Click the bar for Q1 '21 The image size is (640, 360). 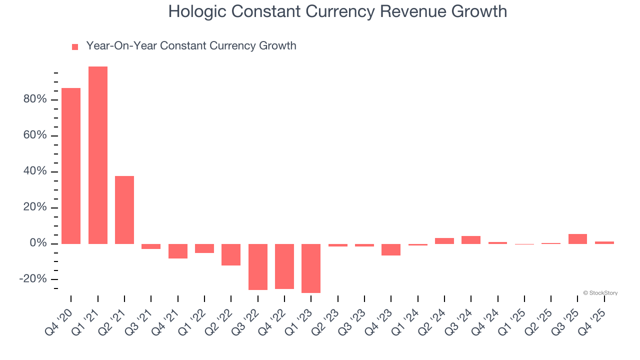[97, 155]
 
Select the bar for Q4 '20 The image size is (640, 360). [71, 165]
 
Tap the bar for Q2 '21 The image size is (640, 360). [124, 209]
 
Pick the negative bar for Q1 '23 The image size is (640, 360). [311, 268]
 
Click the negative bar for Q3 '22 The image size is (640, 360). [257, 266]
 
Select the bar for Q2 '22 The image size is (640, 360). [231, 254]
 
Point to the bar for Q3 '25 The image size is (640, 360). [577, 239]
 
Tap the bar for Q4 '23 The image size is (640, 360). [391, 249]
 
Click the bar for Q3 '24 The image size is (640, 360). [471, 240]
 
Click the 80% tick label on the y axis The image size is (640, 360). [34, 99]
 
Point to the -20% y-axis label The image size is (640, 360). [33, 279]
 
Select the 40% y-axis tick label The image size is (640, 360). [34, 171]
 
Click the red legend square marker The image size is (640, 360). [75, 47]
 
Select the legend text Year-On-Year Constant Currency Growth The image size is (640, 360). [191, 46]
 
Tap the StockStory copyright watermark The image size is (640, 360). [600, 293]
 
